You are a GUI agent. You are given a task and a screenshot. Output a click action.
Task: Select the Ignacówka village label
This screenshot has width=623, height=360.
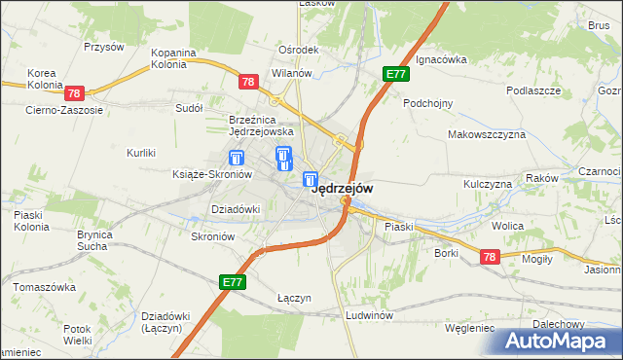click(441, 59)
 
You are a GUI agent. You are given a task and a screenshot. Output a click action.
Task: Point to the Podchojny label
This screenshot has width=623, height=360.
click(428, 102)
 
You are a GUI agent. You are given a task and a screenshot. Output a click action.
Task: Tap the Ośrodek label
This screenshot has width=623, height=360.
click(298, 50)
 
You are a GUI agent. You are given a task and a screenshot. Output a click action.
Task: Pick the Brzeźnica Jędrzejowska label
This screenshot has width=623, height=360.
click(261, 125)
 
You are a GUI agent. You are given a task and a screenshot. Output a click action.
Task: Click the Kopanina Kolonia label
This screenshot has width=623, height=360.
click(174, 59)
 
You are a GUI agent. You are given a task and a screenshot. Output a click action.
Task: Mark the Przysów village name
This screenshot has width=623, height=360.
click(103, 47)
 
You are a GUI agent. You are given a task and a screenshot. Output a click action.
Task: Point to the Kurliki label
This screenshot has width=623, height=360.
click(142, 153)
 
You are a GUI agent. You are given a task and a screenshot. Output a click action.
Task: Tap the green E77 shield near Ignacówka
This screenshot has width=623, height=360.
click(395, 74)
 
